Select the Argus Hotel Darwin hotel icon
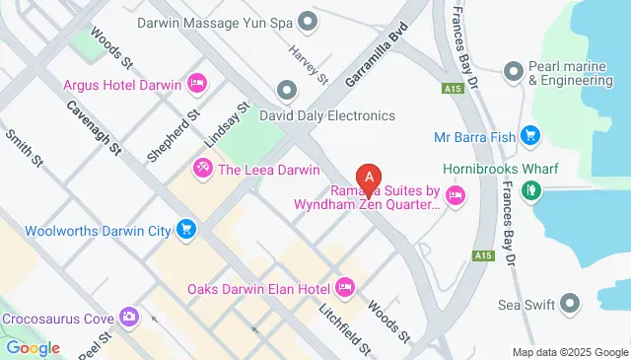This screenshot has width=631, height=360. (x=196, y=84)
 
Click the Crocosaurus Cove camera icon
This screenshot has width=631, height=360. (x=129, y=318)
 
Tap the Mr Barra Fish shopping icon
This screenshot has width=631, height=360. (x=530, y=136)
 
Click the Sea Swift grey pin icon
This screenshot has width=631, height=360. (x=570, y=304)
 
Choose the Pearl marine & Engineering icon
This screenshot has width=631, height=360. (x=513, y=71)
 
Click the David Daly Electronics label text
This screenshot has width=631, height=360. (x=326, y=115)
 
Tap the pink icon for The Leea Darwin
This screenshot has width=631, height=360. (x=203, y=168)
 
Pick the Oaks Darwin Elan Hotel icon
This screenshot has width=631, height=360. (x=344, y=289)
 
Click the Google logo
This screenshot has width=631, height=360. (x=32, y=347)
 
